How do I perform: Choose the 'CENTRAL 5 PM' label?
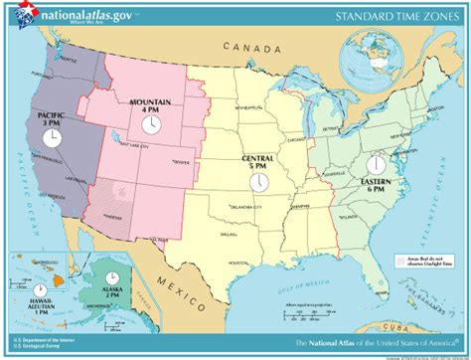click(259, 162)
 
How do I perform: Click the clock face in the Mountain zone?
click(151, 124)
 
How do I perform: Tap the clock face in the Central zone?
click(258, 182)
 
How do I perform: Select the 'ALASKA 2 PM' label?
click(113, 290)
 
